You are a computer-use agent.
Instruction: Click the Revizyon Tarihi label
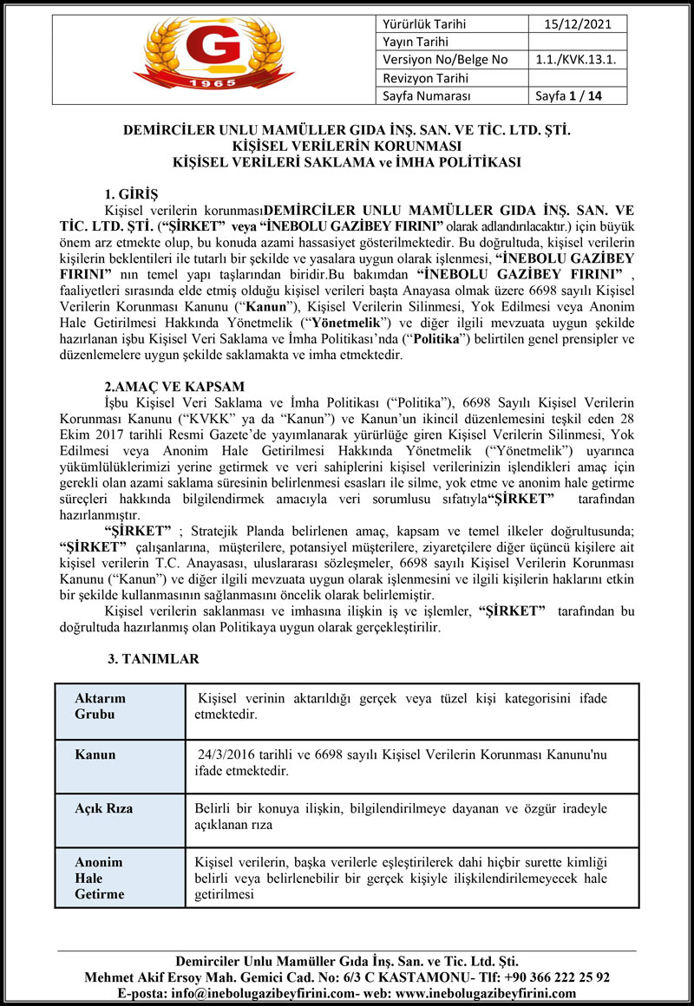point(422,78)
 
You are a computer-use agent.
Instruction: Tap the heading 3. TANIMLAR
point(153,659)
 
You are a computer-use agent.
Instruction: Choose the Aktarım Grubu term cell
point(101,708)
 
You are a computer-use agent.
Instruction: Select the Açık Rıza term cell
point(104,808)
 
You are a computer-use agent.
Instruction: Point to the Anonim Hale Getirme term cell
point(99,878)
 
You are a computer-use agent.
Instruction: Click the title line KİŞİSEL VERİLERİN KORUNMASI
point(346,146)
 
